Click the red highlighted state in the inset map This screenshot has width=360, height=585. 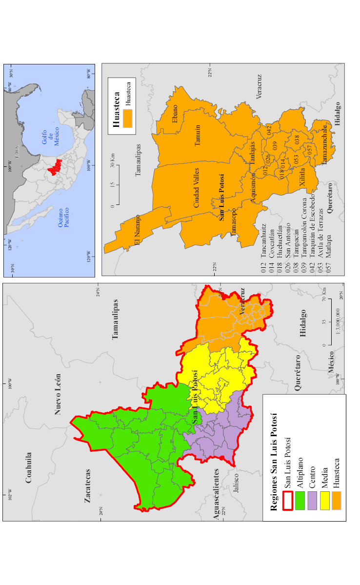pyautogui.click(x=55, y=166)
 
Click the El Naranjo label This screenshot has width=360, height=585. pyautogui.click(x=137, y=229)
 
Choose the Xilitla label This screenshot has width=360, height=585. pyautogui.click(x=302, y=175)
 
